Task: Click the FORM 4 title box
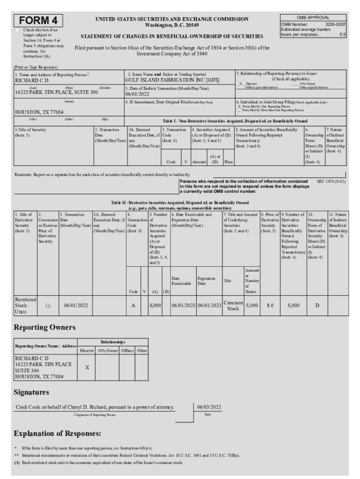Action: (x=40, y=21)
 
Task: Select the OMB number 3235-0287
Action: (x=335, y=24)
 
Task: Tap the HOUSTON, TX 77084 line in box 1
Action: (x=39, y=112)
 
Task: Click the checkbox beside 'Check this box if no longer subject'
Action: (x=18, y=30)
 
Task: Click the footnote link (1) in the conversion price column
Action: (x=48, y=305)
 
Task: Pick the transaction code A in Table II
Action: (x=134, y=305)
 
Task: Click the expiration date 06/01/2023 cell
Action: (x=209, y=305)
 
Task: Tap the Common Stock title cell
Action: (x=233, y=305)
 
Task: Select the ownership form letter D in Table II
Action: (x=317, y=305)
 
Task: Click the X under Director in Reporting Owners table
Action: (x=86, y=368)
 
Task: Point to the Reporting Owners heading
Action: (x=44, y=327)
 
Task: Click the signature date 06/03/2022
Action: (x=209, y=407)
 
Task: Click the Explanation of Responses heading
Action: (x=58, y=434)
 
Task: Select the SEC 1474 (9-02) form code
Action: (x=331, y=181)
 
